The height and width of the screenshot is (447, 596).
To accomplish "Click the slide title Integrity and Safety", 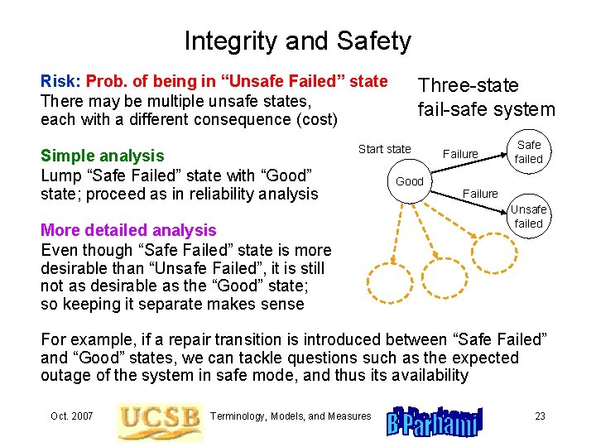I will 297,41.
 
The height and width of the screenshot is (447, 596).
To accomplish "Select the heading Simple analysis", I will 103,156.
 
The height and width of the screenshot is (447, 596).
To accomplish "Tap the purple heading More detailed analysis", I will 128,230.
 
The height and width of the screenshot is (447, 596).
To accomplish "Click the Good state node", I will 410,181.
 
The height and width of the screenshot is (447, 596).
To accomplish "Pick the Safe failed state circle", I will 528,152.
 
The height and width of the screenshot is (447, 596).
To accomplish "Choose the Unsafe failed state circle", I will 528,217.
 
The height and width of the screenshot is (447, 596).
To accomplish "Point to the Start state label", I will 384,149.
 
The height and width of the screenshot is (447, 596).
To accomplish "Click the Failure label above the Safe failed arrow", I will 460,154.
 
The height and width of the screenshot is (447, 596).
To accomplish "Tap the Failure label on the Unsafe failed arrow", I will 480,194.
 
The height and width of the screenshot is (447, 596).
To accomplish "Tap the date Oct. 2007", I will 72,416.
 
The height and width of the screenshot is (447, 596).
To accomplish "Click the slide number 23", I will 540,416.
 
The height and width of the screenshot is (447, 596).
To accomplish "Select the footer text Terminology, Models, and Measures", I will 291,416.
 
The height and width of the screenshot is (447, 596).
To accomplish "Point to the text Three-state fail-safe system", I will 486,97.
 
